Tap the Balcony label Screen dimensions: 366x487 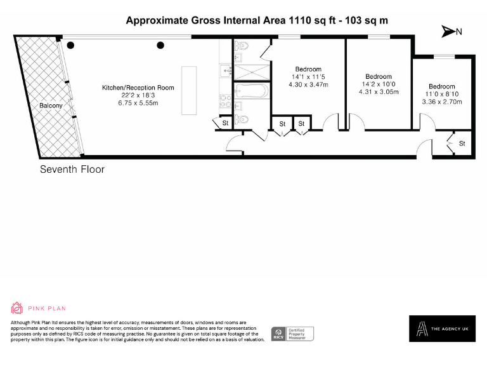51,105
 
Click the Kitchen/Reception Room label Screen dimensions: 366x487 138,88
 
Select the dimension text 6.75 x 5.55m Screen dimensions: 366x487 138,103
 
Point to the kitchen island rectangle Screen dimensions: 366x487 189,90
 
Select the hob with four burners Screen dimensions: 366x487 225,101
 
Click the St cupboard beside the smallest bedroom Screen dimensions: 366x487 462,144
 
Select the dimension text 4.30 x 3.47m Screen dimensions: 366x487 308,84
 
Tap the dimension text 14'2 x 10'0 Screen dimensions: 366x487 379,84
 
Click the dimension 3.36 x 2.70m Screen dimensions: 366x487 441,101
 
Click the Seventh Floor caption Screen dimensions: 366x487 72,170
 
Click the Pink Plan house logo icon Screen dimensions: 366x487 17,308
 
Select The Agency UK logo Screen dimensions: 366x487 441,329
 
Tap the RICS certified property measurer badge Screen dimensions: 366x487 292,334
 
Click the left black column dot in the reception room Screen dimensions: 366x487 71,44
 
